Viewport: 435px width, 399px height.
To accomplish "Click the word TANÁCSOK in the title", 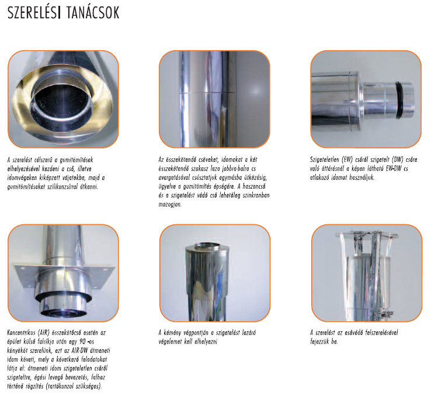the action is pos(93,13).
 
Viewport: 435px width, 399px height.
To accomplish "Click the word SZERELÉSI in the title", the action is pos(34,13).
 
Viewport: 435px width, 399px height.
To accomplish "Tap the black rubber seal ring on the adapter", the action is pos(400,99).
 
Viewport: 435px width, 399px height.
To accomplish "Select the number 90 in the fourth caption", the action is pos(82,341).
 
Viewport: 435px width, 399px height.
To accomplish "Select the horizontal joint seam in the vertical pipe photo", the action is pos(207,92).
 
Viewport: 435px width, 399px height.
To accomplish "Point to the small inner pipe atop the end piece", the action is pos(207,246).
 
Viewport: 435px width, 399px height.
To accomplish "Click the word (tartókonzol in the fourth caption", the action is pos(61,386).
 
